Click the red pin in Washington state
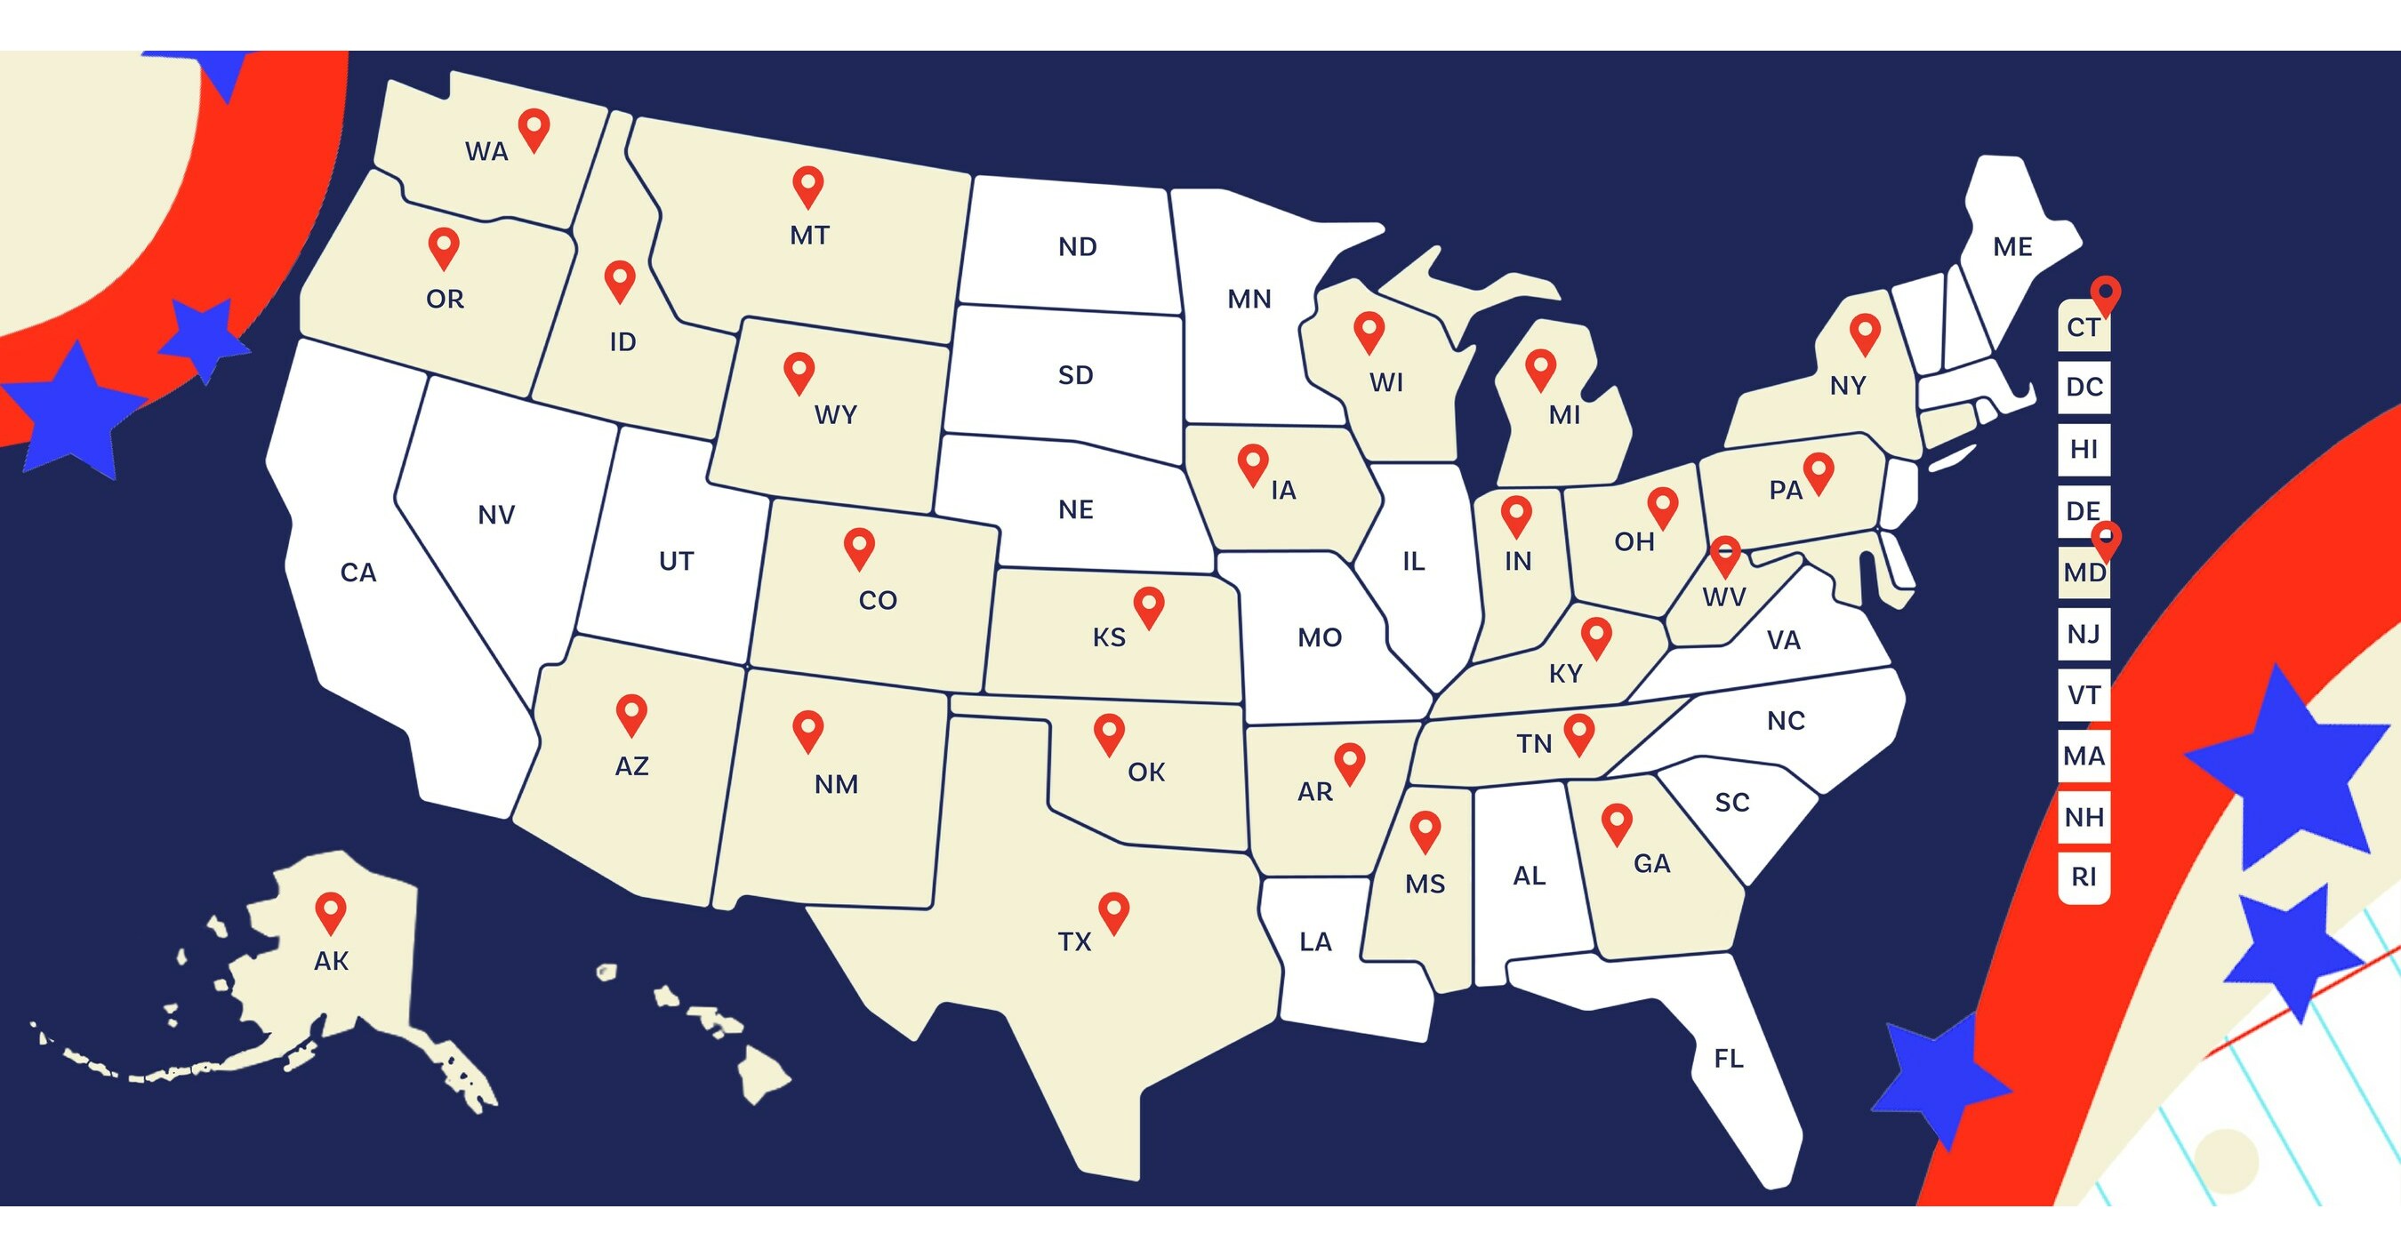[534, 128]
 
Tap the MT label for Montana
[809, 236]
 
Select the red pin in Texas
[1114, 910]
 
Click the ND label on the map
[1078, 247]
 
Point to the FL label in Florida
[1728, 1059]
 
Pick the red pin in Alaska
[331, 910]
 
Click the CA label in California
[357, 572]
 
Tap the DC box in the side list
[2084, 387]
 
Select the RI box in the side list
[2084, 877]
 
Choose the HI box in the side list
[2084, 449]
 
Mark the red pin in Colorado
[858, 546]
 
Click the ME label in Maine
[2012, 247]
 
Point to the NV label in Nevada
[496, 515]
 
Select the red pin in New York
[1865, 332]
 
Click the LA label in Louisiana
[1315, 942]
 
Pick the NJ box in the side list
[2084, 635]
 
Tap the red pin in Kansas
[1148, 605]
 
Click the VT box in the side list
[2084, 695]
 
